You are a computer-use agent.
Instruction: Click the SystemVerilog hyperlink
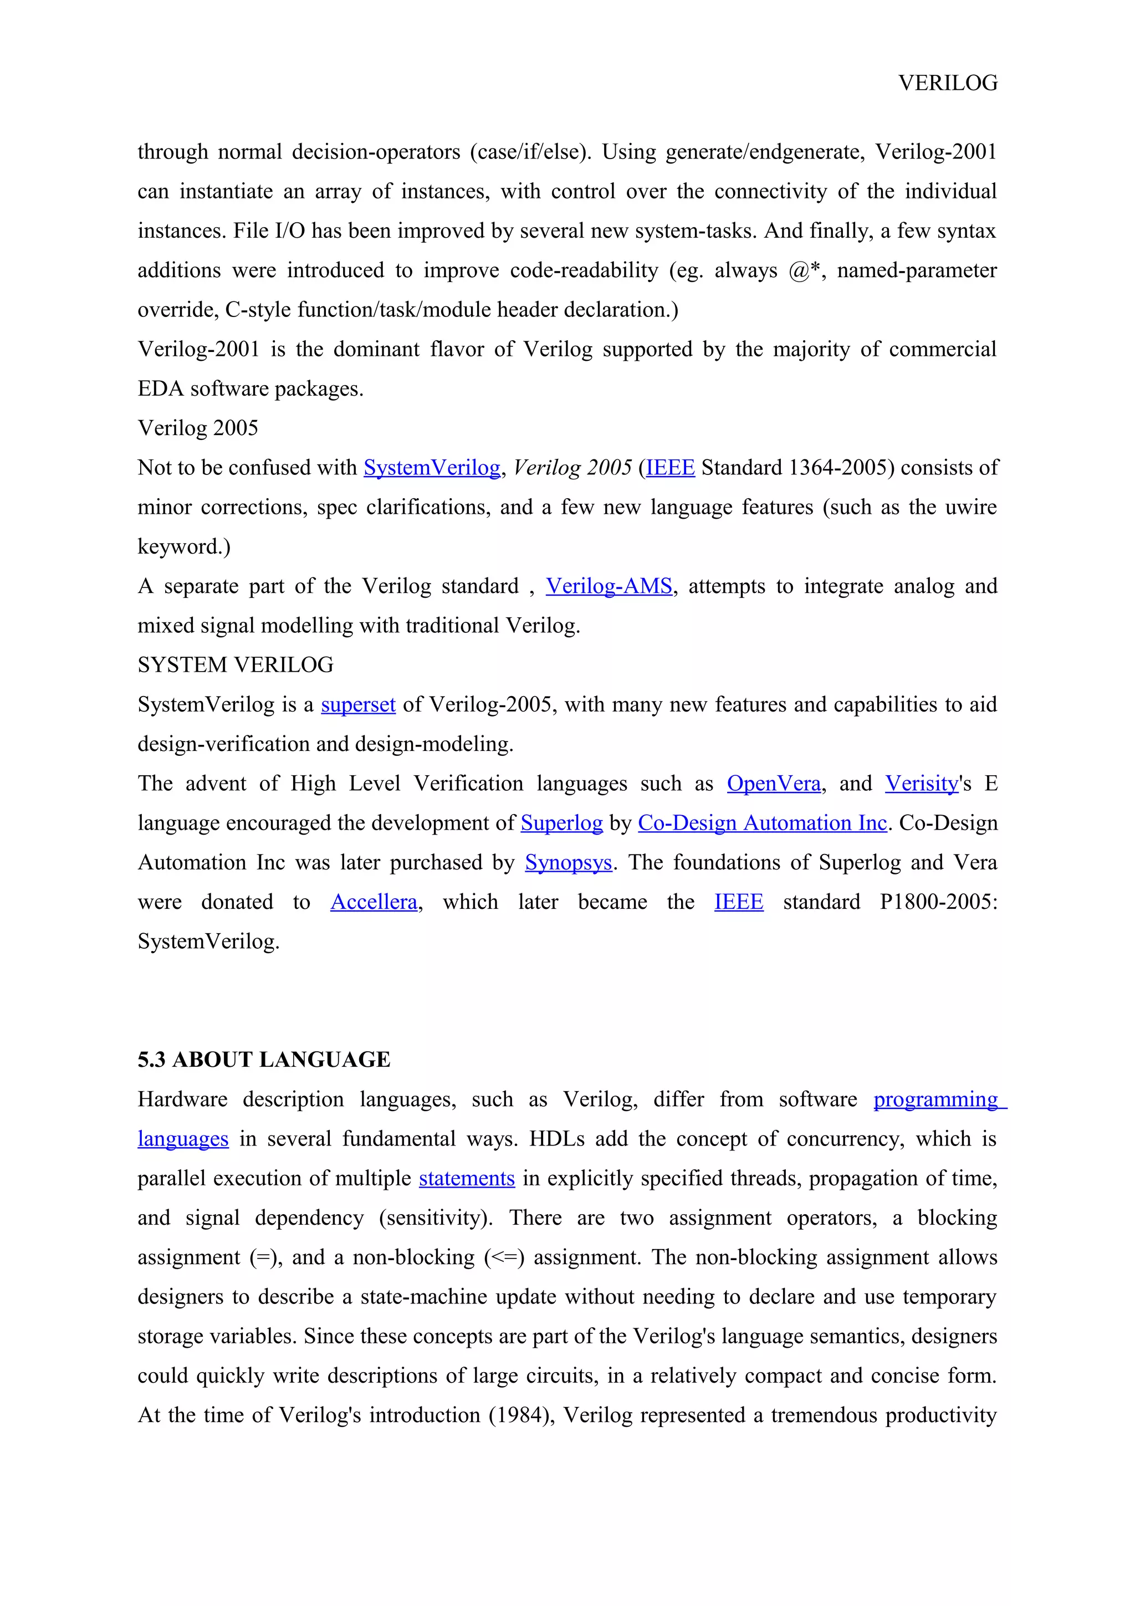[432, 467]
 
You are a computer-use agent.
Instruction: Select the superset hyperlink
[358, 704]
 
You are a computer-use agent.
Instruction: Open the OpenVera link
[774, 784]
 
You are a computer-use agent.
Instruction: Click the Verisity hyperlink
[921, 784]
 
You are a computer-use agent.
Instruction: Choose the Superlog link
[561, 824]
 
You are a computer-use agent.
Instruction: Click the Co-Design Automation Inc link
[762, 824]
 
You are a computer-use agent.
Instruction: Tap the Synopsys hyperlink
[569, 862]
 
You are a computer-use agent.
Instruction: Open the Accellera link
[374, 902]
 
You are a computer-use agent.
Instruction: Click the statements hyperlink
[467, 1179]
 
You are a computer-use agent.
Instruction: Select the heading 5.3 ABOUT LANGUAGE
[264, 1060]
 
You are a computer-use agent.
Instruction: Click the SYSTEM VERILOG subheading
[235, 664]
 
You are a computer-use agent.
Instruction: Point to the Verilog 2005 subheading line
[198, 428]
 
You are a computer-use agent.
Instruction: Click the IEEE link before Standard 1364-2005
[670, 467]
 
